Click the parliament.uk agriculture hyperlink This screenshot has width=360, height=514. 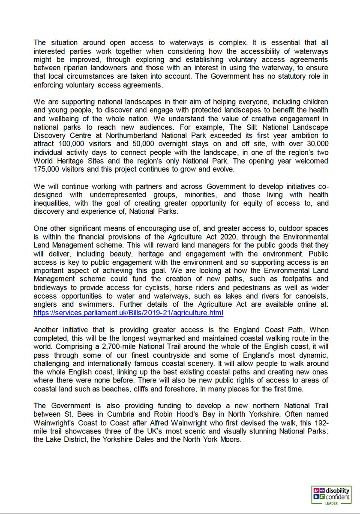pyautogui.click(x=128, y=313)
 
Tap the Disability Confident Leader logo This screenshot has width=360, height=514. pyautogui.click(x=332, y=495)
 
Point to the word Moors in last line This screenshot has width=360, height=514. pyautogui.click(x=231, y=440)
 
